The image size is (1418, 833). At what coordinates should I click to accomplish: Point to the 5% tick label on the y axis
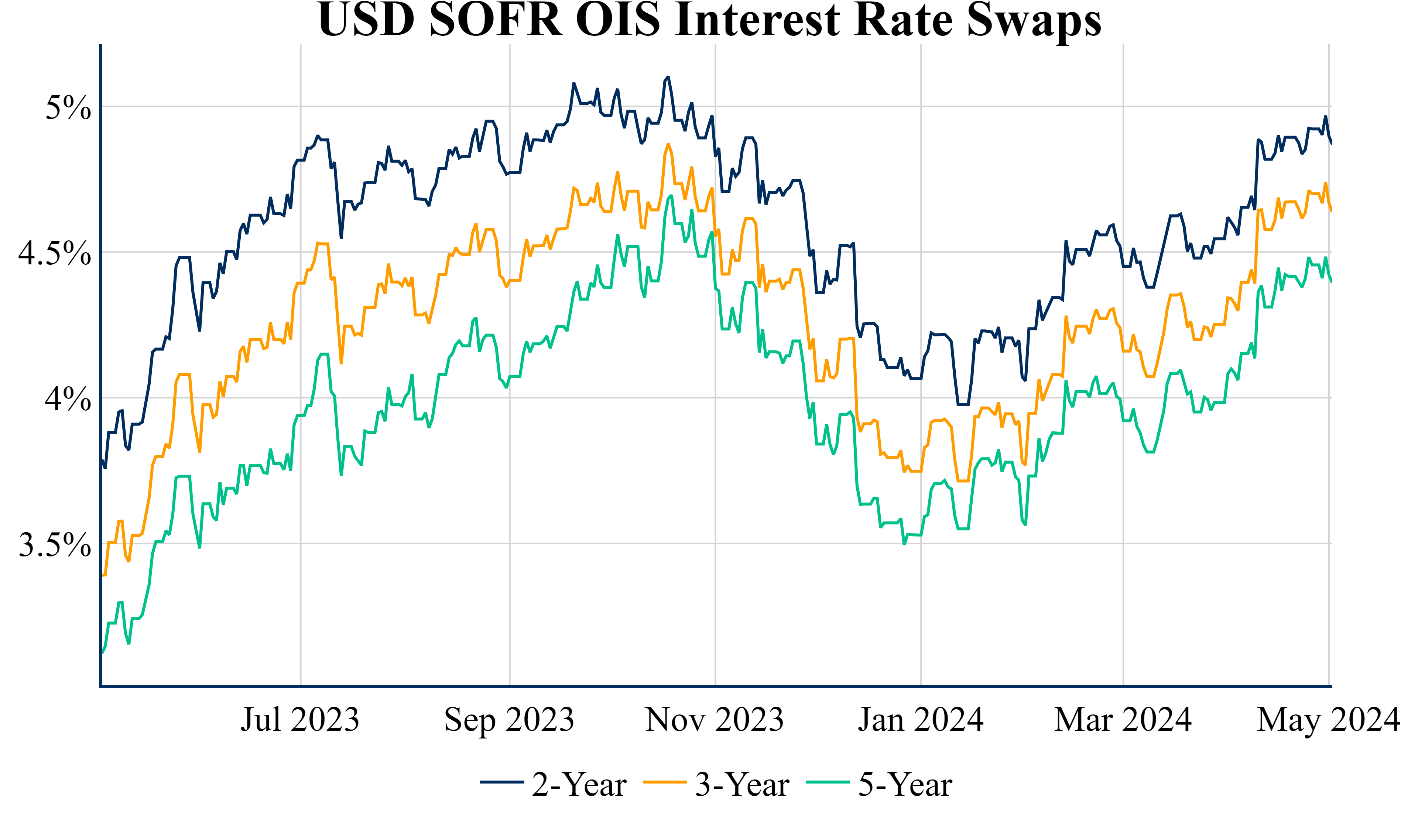[68, 107]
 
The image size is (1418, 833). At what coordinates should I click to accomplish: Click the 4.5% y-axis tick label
[55, 253]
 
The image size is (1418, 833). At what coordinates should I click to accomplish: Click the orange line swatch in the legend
[665, 782]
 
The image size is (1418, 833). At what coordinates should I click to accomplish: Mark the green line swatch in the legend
[828, 782]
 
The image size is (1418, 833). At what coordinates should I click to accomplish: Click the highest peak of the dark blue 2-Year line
[668, 77]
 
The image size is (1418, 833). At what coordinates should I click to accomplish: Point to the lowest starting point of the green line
[102, 653]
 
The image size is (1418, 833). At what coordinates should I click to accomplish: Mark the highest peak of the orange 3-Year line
[668, 145]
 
